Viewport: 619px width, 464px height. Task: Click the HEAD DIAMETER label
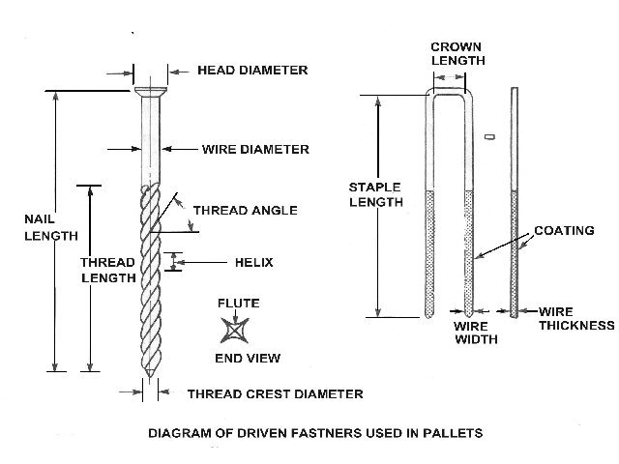click(x=252, y=70)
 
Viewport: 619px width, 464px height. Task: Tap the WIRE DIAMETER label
click(x=255, y=150)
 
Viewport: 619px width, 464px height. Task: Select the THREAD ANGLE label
click(x=245, y=210)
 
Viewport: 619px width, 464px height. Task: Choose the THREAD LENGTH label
click(x=107, y=270)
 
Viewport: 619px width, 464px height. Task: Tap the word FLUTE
click(x=238, y=304)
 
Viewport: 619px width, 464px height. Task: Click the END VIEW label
click(x=247, y=358)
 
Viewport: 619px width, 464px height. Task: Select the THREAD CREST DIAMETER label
click(x=275, y=393)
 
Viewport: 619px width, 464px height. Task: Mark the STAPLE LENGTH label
click(x=376, y=194)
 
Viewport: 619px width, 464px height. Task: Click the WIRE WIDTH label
click(x=476, y=333)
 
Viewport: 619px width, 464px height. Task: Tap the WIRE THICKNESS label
click(x=576, y=319)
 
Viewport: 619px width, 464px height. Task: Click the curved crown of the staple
click(x=448, y=93)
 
